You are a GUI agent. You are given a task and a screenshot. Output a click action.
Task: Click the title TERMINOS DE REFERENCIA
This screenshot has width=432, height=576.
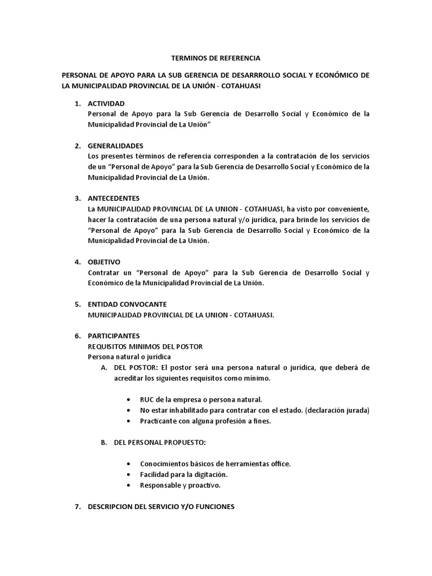click(x=216, y=58)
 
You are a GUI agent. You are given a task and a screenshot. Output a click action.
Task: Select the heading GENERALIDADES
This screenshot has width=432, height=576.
click(x=115, y=146)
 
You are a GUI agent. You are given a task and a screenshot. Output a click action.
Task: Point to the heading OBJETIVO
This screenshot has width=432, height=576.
click(x=104, y=262)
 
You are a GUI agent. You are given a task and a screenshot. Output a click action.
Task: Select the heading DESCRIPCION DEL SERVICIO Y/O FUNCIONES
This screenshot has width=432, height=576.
click(x=161, y=507)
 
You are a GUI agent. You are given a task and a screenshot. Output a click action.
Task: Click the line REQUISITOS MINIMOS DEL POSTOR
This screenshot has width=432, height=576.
click(x=145, y=346)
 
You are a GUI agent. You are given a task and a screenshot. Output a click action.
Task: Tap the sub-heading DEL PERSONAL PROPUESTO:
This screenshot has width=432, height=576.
click(x=160, y=443)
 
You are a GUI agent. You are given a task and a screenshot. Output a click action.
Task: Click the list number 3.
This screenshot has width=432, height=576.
click(x=78, y=199)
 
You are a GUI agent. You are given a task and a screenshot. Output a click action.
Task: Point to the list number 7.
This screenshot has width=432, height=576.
click(x=78, y=507)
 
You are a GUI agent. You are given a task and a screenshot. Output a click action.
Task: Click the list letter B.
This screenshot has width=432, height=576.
click(x=103, y=443)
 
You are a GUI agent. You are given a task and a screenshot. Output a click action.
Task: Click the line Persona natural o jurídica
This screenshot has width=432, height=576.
click(x=129, y=357)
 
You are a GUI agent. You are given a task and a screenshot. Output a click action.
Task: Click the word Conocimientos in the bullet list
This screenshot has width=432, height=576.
click(x=165, y=463)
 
